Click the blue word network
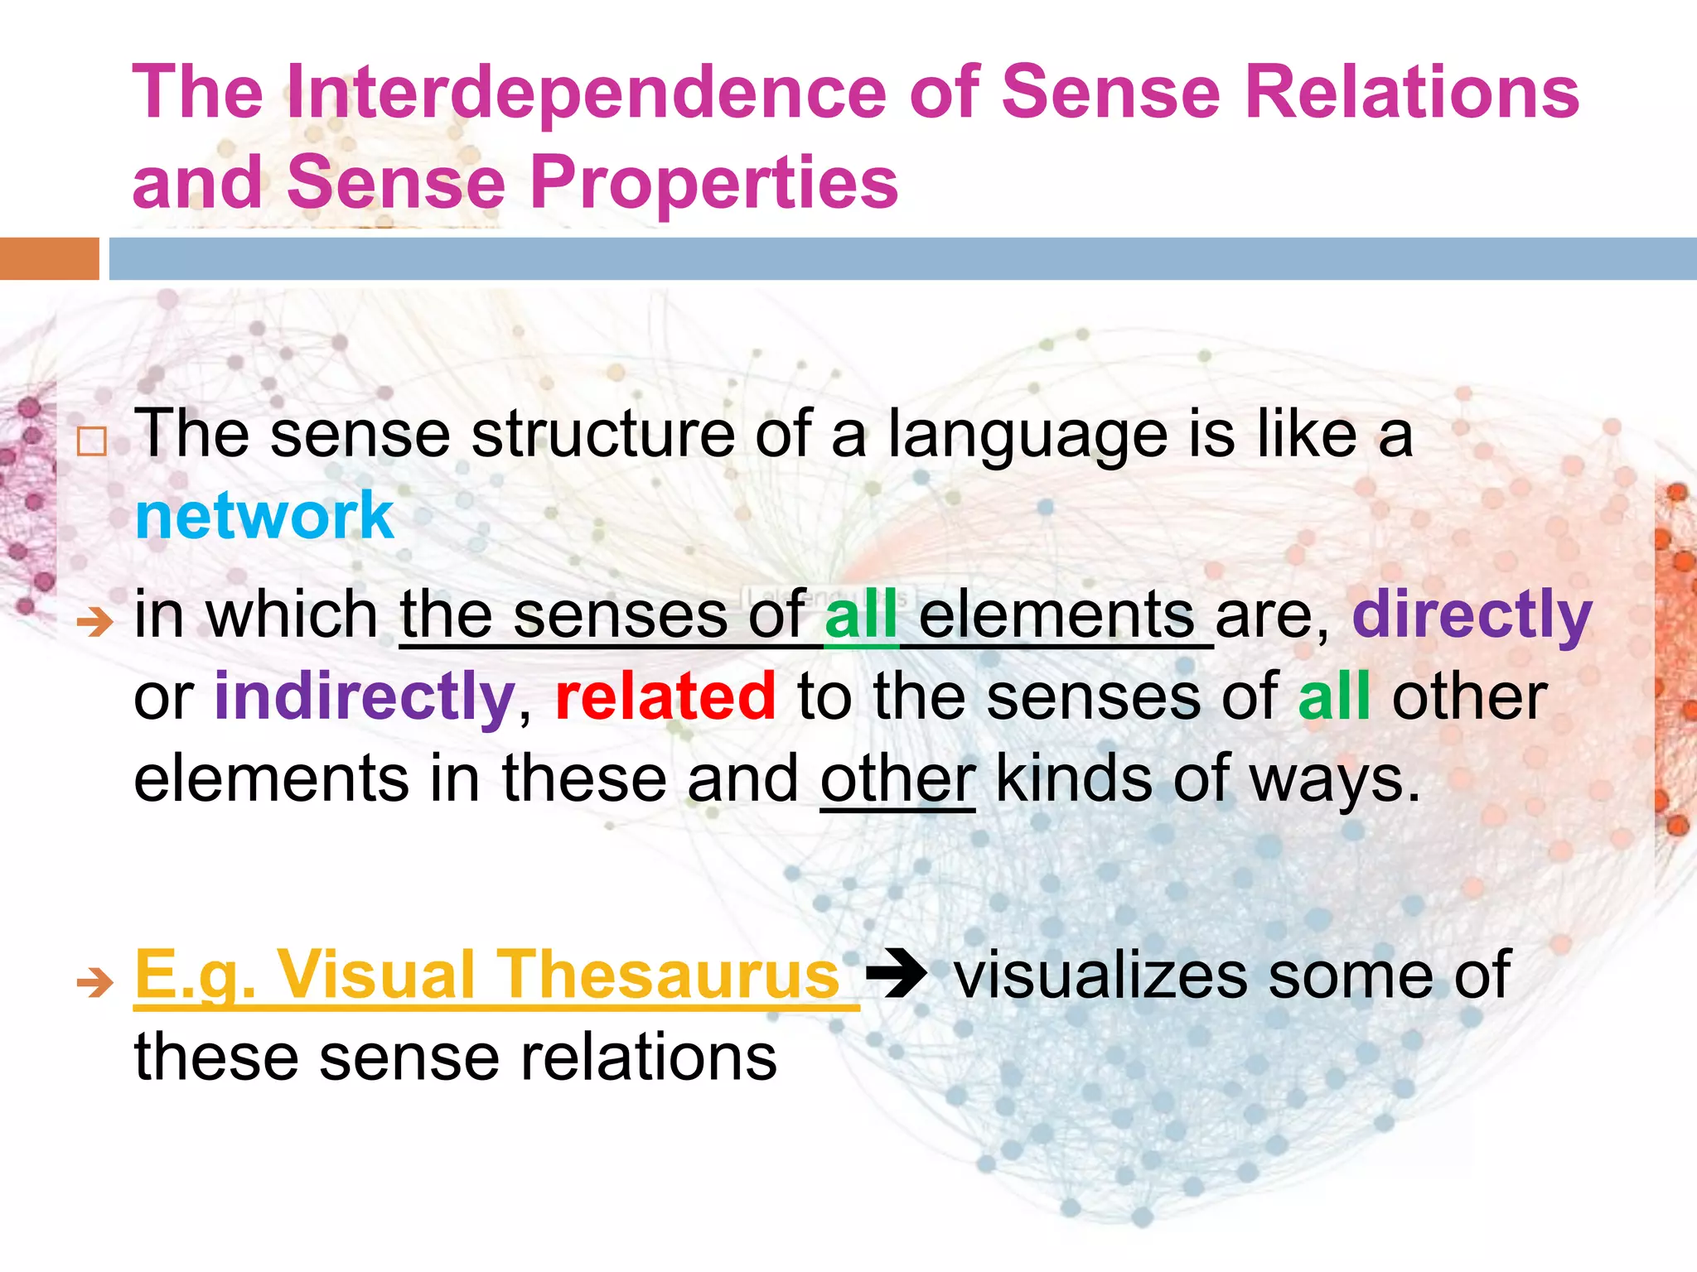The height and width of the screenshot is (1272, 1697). tap(264, 515)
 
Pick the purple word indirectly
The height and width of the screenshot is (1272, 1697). tap(365, 697)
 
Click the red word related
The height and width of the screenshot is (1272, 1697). tap(665, 696)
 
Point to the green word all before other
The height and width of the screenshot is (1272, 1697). tap(1333, 696)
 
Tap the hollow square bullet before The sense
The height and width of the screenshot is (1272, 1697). tap(92, 442)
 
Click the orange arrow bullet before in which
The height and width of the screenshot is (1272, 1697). tap(94, 621)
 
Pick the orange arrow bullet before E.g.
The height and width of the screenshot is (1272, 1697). tap(94, 983)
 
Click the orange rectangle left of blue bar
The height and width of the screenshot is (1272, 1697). tap(49, 258)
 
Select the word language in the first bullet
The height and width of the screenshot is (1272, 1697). tap(1027, 436)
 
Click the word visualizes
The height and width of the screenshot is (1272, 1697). tap(1100, 975)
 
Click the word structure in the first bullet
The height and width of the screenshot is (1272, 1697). tap(602, 436)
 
